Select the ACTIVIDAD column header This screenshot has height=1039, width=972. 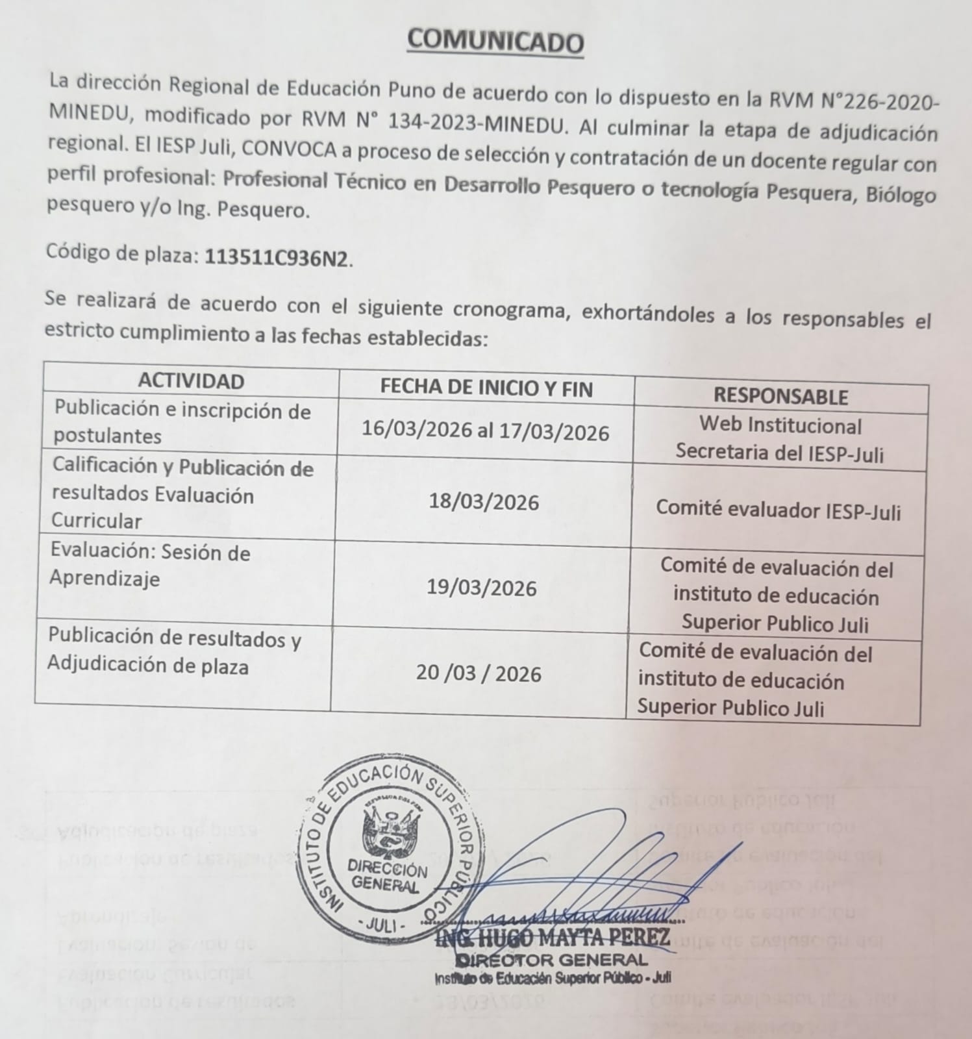click(191, 381)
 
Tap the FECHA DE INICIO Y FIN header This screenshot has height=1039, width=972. click(486, 388)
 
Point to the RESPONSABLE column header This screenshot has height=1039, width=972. click(780, 396)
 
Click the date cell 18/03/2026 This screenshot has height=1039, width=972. click(484, 503)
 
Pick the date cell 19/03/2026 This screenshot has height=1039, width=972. click(481, 588)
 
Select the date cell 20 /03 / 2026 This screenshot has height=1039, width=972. click(479, 674)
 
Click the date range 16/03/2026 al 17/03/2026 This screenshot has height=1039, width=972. click(485, 432)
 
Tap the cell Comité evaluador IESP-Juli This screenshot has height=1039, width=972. click(778, 510)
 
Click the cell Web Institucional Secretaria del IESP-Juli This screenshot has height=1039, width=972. click(780, 440)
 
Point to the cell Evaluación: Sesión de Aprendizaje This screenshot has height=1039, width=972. click(150, 565)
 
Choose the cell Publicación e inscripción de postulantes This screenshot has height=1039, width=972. click(182, 423)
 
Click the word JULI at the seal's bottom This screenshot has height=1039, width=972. click(381, 925)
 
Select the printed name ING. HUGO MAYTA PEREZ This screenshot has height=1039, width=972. click(553, 938)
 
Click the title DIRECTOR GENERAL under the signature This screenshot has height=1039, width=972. click(551, 960)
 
